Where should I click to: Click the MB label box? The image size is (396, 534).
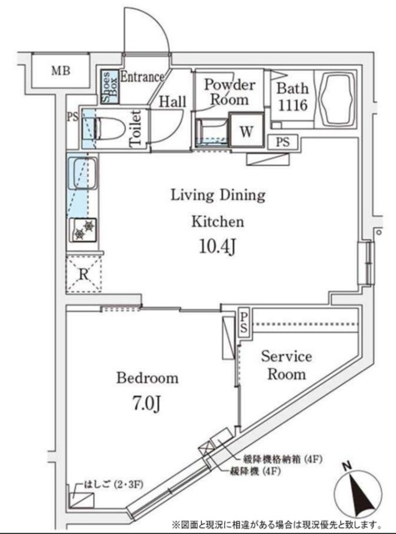point(59,71)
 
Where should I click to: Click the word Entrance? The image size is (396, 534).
point(143,77)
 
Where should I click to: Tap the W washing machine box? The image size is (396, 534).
point(247,131)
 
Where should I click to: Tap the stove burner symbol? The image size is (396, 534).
point(83,230)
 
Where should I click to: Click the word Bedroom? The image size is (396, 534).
point(147,378)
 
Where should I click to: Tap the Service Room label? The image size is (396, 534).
point(286,365)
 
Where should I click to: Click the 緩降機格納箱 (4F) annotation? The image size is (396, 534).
point(282,460)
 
